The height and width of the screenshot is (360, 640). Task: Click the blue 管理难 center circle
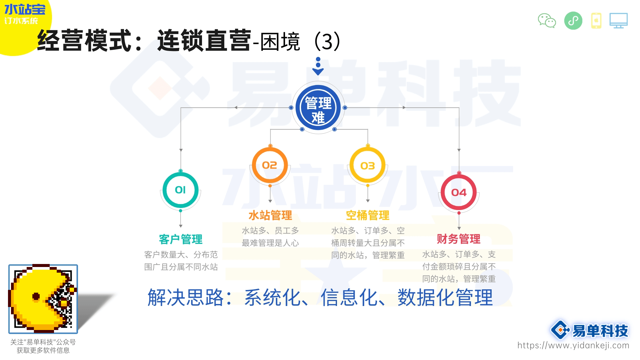318,108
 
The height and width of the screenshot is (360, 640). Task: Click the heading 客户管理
181,239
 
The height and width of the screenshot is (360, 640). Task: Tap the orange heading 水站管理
270,215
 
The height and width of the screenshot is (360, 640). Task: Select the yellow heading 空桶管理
368,215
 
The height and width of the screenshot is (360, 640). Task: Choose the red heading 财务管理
459,239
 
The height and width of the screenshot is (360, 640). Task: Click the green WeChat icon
547,21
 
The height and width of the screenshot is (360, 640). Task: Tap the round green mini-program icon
573,21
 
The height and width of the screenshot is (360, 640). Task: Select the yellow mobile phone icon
596,21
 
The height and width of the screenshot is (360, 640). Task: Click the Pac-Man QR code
43,299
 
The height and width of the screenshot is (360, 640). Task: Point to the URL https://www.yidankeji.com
573,345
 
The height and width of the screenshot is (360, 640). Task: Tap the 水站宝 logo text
25,9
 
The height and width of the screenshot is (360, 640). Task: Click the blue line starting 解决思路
320,297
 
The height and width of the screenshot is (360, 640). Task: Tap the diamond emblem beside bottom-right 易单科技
560,330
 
